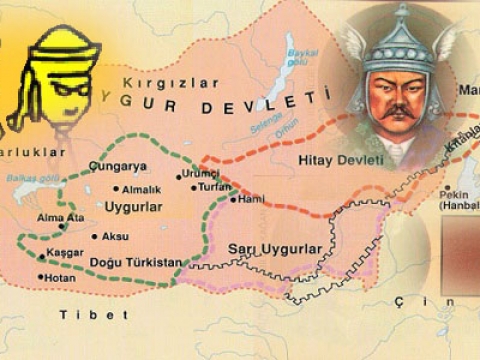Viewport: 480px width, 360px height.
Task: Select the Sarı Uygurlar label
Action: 276,248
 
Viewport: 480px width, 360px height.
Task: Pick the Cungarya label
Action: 117,166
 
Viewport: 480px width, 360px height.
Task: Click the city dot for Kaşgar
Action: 40,254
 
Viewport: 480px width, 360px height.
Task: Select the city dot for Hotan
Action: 41,277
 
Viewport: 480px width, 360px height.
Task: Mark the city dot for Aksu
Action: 95,237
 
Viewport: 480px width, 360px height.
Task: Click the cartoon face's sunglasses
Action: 67,85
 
